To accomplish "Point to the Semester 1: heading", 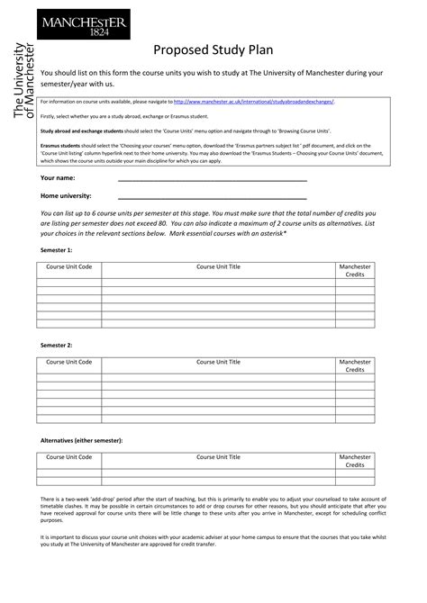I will point(57,248).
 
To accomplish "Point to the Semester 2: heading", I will point(57,345).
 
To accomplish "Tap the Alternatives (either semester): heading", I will point(82,440).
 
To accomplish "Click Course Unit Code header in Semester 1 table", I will point(69,266).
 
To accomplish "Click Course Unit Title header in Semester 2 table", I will point(219,362).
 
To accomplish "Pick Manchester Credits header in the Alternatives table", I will point(355,461).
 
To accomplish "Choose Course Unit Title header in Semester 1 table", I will point(219,266).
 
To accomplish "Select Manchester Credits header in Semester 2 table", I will point(355,365).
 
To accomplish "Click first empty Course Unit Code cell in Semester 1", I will point(69,283).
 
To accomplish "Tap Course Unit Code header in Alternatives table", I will point(69,457).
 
